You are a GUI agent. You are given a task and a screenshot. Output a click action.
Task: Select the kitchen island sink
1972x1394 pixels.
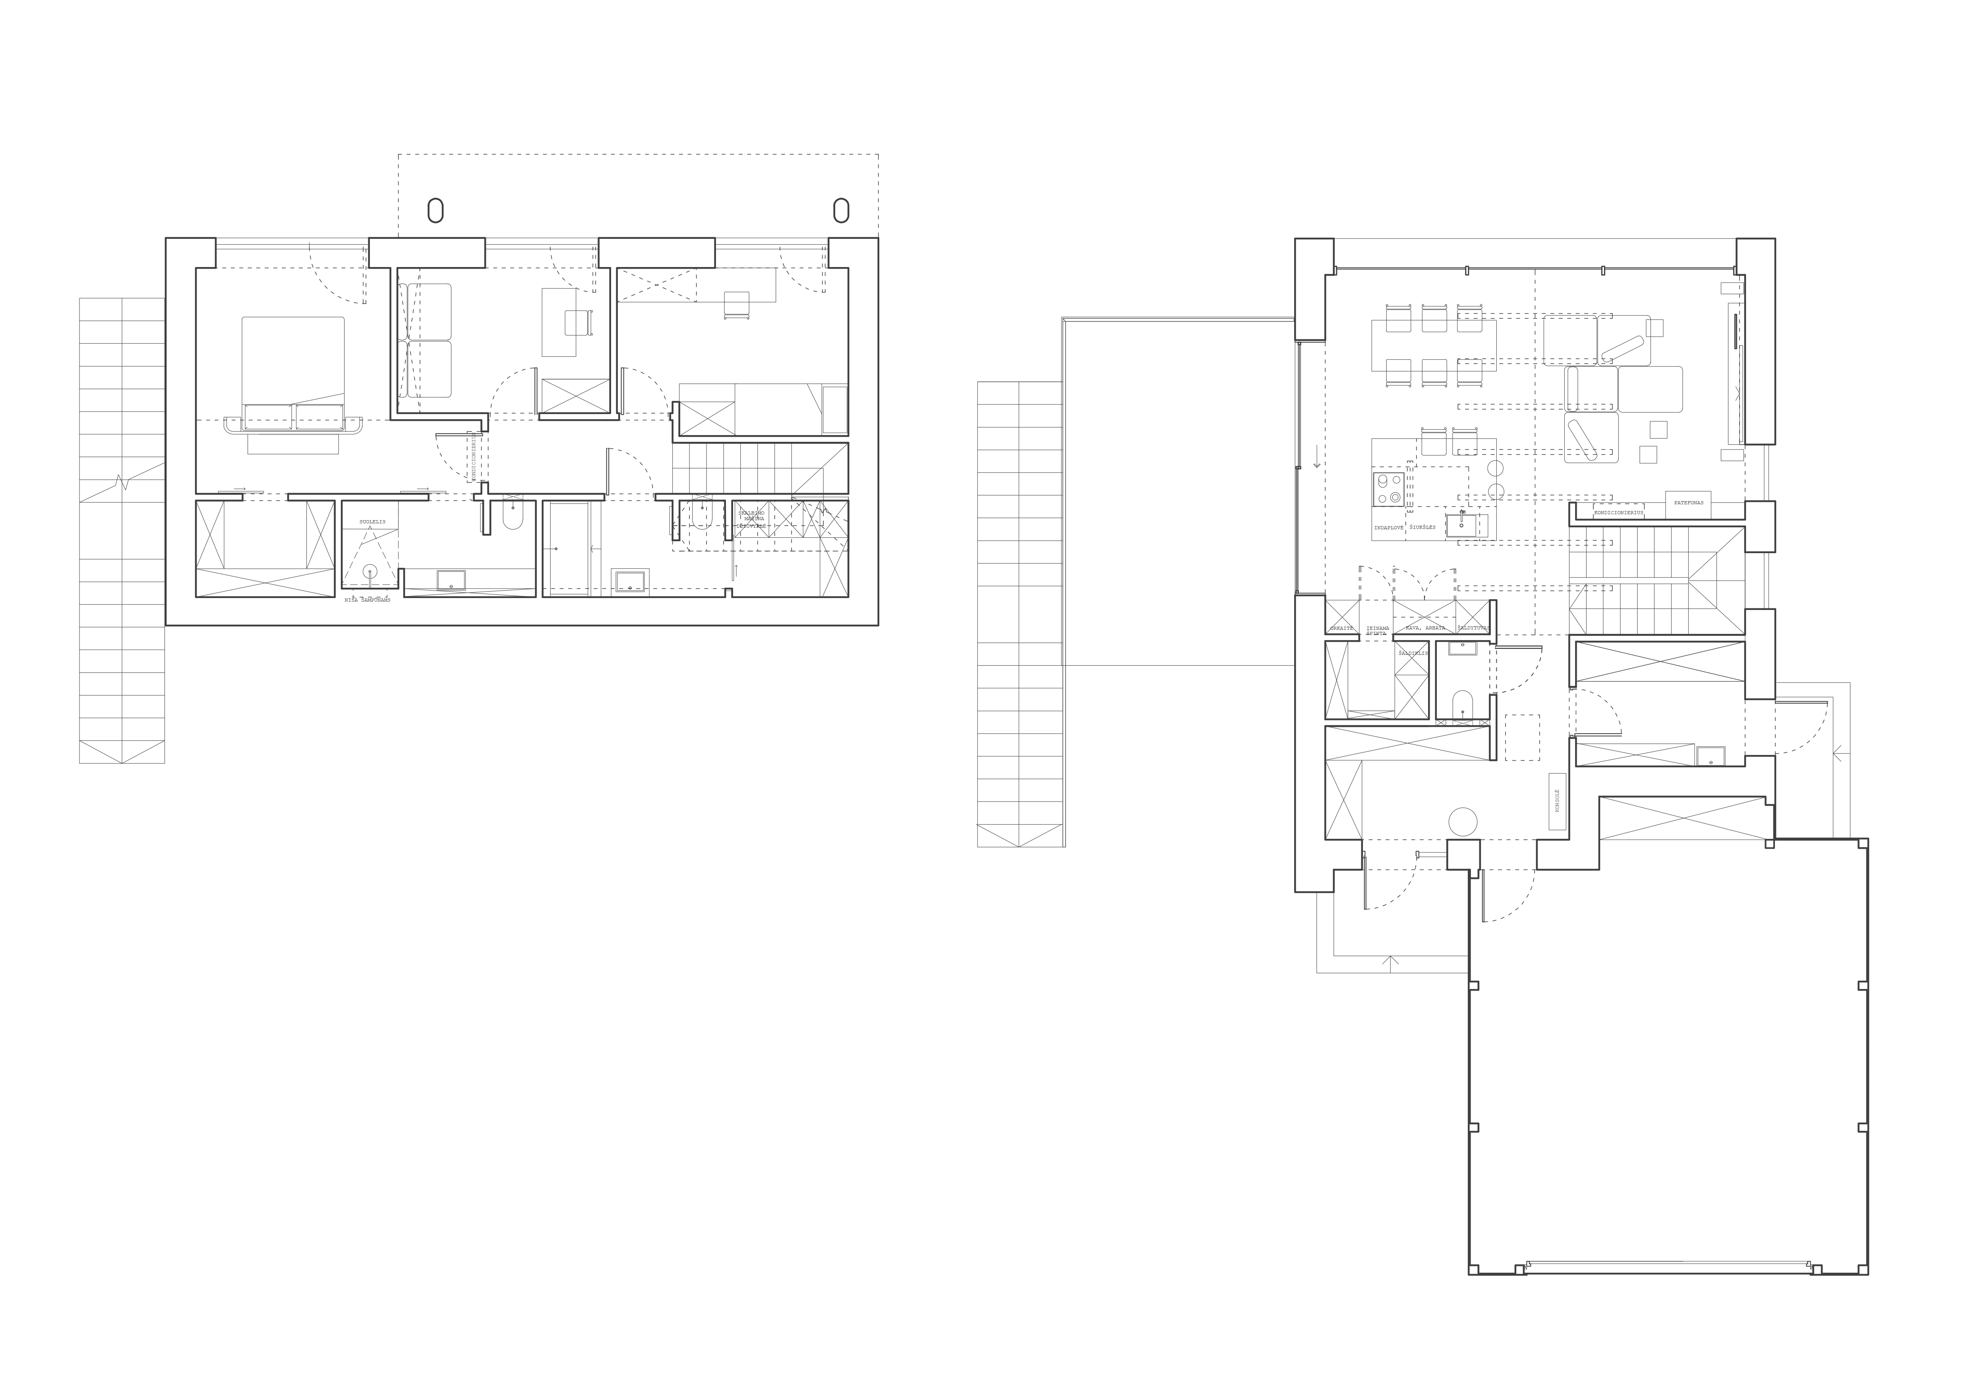(x=1462, y=522)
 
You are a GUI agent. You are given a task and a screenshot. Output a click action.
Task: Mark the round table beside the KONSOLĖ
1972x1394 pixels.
(x=1463, y=821)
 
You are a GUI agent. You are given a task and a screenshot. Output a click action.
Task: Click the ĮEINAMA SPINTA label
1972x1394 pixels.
(x=1378, y=629)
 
